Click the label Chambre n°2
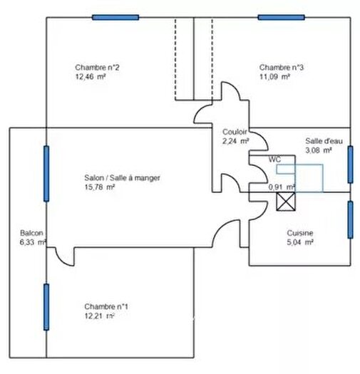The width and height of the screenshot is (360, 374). [x=97, y=68]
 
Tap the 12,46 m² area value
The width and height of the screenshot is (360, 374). [x=91, y=77]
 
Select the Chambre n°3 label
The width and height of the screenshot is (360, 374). [x=281, y=68]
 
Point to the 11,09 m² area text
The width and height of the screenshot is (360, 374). [x=274, y=77]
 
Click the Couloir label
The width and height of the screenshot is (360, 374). [x=235, y=132]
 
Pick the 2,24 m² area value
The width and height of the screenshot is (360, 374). [x=236, y=141]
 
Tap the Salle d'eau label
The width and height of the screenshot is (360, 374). [x=324, y=141]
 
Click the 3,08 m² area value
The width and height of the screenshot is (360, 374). [x=319, y=150]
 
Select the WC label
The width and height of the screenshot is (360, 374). [x=274, y=159]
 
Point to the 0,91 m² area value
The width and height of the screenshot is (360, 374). [x=282, y=187]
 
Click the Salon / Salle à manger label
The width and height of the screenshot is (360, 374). [x=122, y=178]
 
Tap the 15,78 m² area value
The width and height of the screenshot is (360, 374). [x=100, y=187]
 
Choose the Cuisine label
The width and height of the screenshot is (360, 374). [x=300, y=233]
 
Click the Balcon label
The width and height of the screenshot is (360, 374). [x=31, y=233]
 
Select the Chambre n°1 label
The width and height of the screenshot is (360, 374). [x=106, y=306]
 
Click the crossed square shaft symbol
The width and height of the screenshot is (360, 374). [x=286, y=202]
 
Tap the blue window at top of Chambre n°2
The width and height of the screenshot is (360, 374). [x=115, y=17]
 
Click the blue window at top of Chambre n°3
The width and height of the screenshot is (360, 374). [x=281, y=17]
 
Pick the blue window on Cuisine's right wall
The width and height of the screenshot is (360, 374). [x=350, y=219]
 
